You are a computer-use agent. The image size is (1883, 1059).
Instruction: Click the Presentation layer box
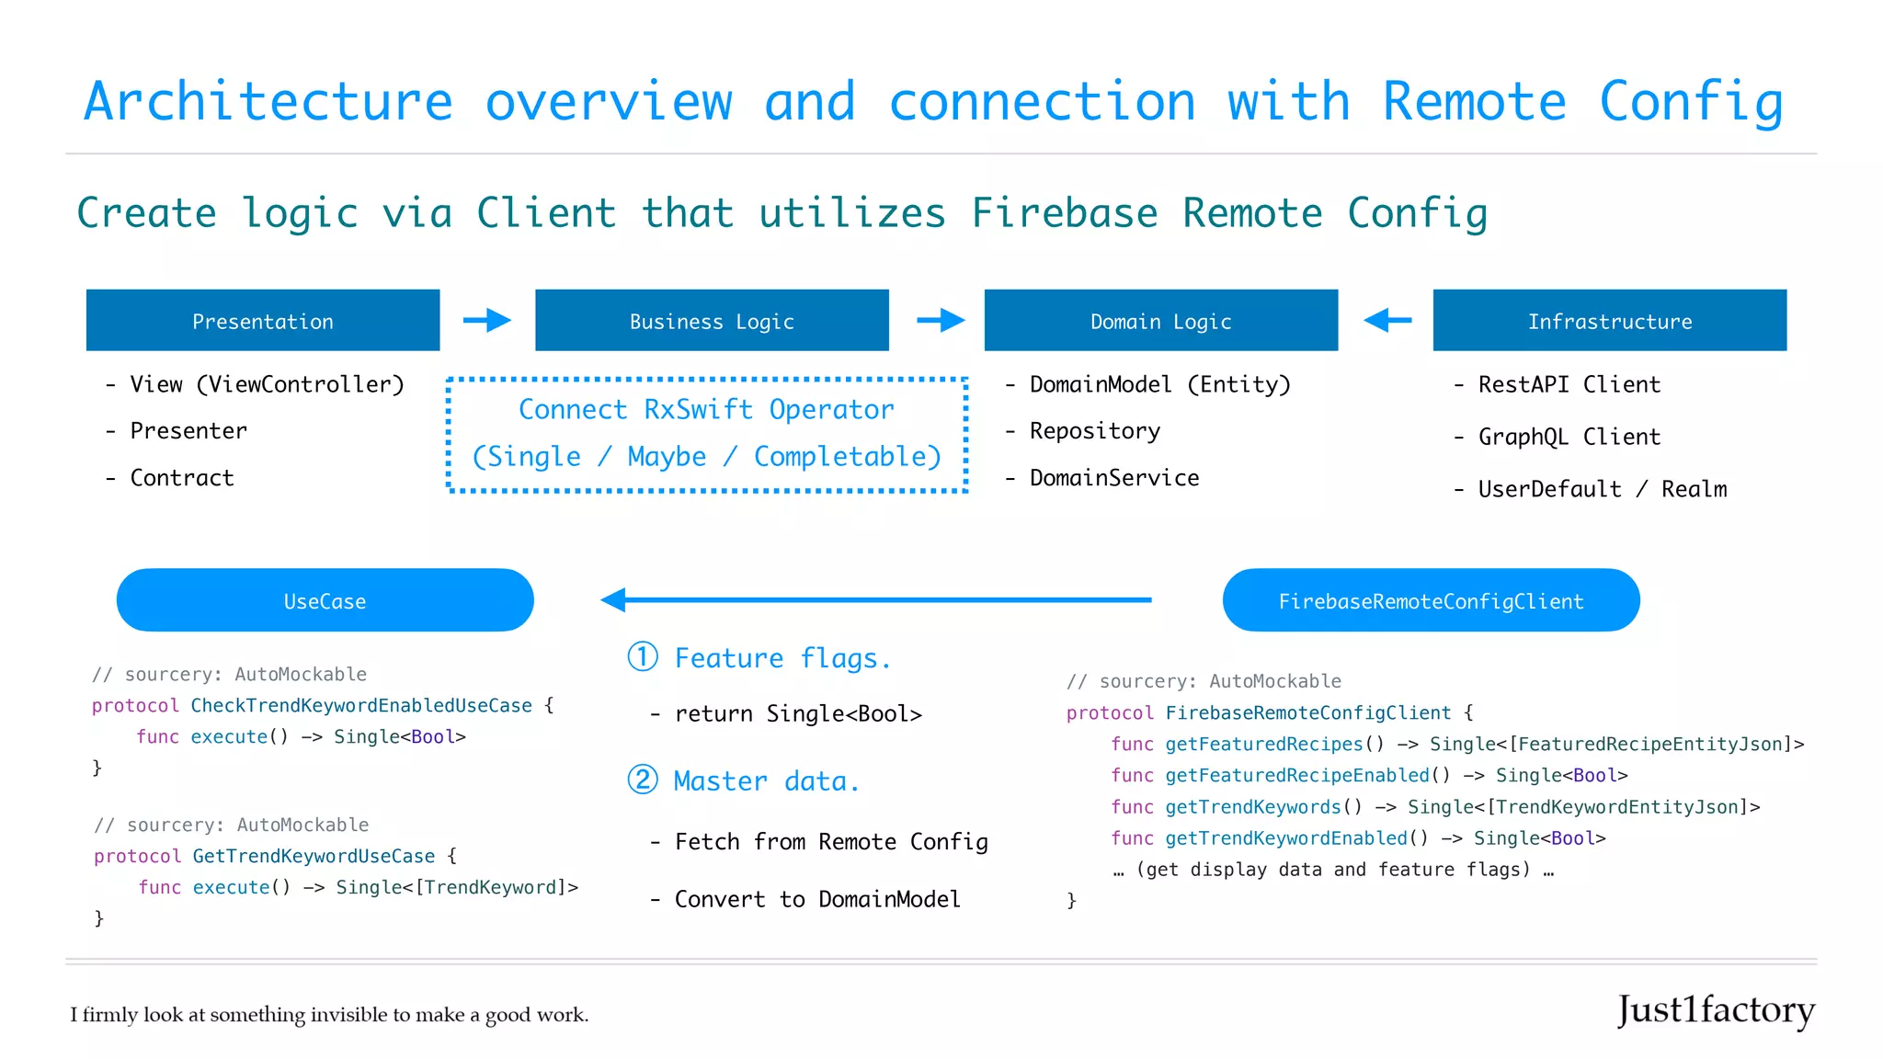pos(263,320)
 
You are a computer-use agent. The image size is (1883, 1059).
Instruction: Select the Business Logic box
pos(712,320)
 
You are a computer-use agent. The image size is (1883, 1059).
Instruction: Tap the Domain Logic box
pos(1160,320)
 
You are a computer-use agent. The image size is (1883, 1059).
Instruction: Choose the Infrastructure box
pos(1609,320)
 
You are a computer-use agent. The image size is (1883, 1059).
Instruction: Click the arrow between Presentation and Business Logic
pos(487,320)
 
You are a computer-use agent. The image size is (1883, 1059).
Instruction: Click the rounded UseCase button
pos(325,600)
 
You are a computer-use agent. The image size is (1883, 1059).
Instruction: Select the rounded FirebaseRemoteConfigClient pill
pos(1431,600)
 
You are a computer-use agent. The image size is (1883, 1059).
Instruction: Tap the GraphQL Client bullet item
pos(1569,437)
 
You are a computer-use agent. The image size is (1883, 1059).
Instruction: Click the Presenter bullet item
pos(188,431)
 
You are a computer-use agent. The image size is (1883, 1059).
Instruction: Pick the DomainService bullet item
pos(1113,478)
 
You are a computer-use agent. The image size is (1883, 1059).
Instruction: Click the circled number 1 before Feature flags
pos(643,656)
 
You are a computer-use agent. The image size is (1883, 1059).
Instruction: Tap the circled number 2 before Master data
pos(643,780)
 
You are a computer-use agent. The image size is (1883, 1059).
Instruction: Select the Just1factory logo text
pos(1716,1010)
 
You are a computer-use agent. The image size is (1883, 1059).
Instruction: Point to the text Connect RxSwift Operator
pos(706,409)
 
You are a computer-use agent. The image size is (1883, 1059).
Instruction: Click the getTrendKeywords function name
pos(1252,807)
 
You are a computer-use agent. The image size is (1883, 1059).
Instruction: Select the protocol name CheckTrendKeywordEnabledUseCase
pos(361,706)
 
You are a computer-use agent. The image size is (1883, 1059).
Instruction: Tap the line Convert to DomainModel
pos(817,899)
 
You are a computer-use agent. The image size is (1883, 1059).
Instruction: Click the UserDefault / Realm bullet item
pos(1602,489)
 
